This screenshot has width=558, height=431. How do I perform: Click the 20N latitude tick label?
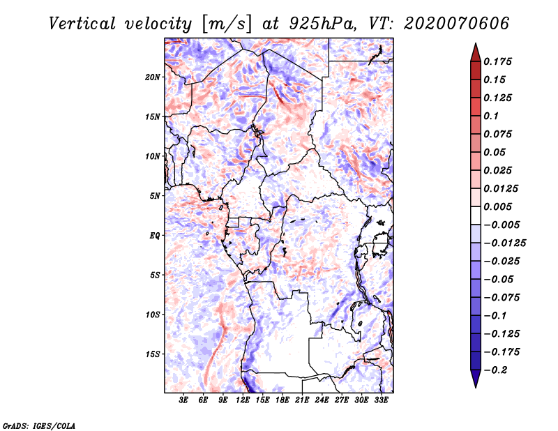153,77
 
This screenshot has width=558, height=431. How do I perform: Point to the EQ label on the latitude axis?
155,236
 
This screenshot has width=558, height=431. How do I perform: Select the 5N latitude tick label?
155,196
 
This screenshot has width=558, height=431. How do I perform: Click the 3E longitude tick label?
183,400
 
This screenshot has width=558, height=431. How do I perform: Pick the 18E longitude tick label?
282,400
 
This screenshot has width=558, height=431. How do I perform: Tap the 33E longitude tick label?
381,400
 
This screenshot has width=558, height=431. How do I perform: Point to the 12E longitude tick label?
243,400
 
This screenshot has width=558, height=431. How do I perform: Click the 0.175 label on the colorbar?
497,61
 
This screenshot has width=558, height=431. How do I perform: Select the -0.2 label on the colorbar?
495,370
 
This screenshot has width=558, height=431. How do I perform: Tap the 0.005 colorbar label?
497,206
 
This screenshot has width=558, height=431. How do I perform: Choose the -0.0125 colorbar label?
504,243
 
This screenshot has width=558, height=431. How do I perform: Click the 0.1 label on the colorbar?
491,116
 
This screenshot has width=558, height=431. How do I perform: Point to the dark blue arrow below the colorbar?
476,379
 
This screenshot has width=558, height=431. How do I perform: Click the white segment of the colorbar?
476,215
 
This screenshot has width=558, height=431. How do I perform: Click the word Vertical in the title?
82,24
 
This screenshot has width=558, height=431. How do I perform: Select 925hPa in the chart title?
322,24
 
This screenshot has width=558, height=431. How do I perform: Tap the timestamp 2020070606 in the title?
457,24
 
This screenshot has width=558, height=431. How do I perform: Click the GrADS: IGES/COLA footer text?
39,426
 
